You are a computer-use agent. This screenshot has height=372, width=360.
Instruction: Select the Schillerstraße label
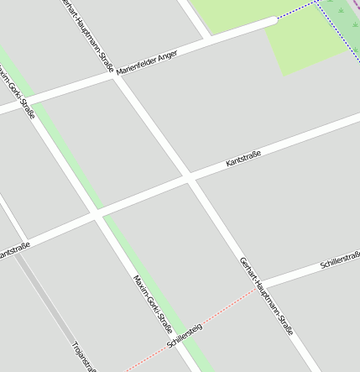point(339,263)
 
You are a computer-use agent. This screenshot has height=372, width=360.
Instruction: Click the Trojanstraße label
point(85,357)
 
